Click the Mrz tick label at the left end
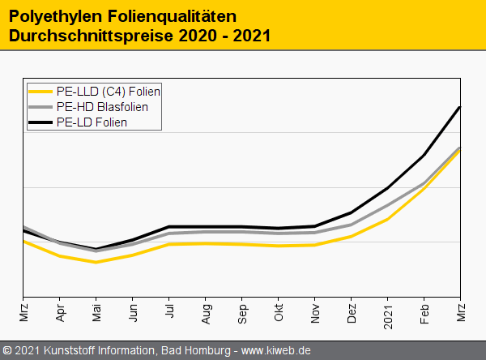(x=23, y=312)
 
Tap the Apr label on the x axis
(x=60, y=312)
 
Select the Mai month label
(x=96, y=312)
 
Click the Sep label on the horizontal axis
(x=242, y=312)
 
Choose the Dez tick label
(x=352, y=312)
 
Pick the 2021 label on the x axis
(x=388, y=314)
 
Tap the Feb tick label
(x=424, y=312)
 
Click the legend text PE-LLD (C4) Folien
(x=109, y=91)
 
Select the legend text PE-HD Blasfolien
(x=102, y=106)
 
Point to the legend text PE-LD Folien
(x=92, y=122)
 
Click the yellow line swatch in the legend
(x=40, y=91)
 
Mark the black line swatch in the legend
(x=40, y=122)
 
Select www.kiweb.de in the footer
(x=276, y=350)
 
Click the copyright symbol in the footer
(x=7, y=350)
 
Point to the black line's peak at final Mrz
(x=460, y=107)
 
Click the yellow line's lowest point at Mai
(x=96, y=262)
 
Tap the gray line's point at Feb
(x=424, y=183)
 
